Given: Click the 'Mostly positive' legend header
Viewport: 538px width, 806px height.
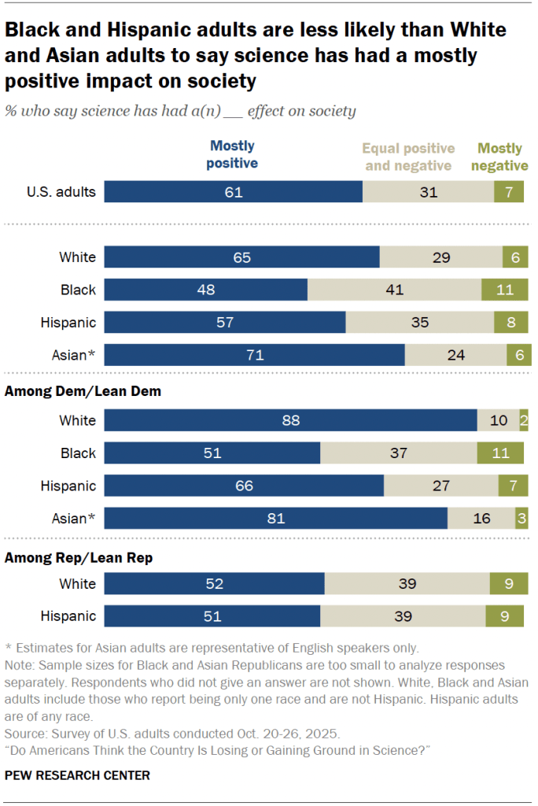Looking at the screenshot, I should point(232,154).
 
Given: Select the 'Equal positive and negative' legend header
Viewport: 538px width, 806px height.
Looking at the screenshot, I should point(408,157).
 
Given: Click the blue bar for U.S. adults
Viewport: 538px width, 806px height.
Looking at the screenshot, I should point(233,192).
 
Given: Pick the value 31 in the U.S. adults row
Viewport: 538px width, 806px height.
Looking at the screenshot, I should point(428,192).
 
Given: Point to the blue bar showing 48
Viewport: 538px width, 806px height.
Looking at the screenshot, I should point(205,290).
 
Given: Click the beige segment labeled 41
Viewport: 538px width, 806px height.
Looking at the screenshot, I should point(394,290).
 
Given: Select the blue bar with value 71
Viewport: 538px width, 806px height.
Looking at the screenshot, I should point(254,355).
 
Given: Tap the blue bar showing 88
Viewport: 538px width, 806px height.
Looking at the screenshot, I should point(290,420).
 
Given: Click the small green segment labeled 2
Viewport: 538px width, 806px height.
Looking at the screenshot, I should point(524,420).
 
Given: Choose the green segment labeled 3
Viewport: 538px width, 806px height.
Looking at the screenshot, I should point(521,519).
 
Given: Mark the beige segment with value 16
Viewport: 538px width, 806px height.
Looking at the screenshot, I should point(481,519).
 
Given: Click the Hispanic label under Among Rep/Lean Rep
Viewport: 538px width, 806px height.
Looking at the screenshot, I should point(68,616).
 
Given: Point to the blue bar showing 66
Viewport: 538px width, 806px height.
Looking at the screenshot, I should point(244,486).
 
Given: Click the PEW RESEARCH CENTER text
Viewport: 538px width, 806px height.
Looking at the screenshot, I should point(77,775).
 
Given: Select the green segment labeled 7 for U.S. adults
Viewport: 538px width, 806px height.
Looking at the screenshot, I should point(509,192).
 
